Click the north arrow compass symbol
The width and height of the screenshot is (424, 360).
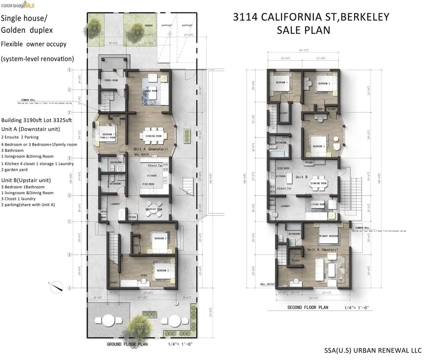[x=57, y=285]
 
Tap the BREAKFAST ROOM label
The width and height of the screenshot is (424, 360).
[x=154, y=209]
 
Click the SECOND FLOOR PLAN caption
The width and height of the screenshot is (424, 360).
[x=308, y=307]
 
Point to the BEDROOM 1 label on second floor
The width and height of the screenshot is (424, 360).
[x=282, y=82]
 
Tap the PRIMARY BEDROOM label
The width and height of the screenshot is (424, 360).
[x=328, y=236]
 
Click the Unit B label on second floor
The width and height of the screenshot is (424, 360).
[x=301, y=176]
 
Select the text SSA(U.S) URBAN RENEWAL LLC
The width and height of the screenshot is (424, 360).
[x=372, y=350]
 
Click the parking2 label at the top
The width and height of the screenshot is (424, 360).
[x=187, y=25]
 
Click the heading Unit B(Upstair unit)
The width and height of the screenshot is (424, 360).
[x=26, y=180]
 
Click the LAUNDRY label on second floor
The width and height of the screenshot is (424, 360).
[x=284, y=206]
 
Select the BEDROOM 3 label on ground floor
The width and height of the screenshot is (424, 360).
[x=162, y=271]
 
